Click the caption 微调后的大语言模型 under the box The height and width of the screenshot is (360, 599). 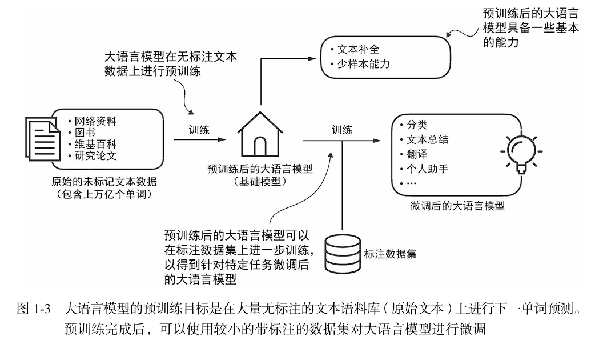[457, 206]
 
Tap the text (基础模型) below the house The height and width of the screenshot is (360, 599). [260, 181]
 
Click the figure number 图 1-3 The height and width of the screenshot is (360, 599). [35, 310]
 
